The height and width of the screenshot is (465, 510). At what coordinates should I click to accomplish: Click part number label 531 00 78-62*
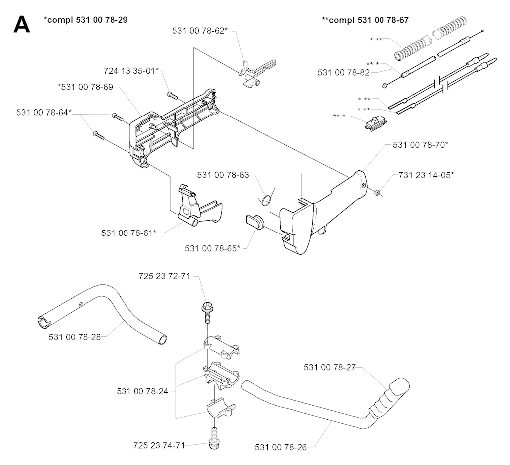pyautogui.click(x=200, y=31)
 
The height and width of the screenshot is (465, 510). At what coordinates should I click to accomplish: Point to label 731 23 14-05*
pyautogui.click(x=426, y=175)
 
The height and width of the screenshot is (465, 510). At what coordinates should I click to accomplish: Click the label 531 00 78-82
pyautogui.click(x=344, y=73)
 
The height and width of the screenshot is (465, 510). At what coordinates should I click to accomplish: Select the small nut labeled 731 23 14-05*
pyautogui.click(x=377, y=192)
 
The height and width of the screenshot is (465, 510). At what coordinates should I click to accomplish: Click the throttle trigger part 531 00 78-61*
pyautogui.click(x=196, y=207)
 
